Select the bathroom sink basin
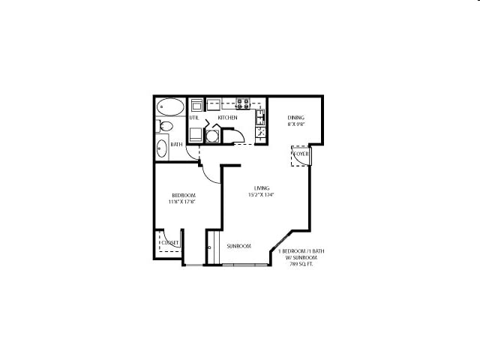[162, 147]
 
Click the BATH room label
[177, 144]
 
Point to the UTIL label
[193, 118]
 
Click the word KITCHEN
[227, 118]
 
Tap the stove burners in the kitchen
[243, 103]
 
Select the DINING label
[295, 118]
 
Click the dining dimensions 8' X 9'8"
[295, 125]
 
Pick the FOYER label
[301, 154]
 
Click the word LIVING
[261, 188]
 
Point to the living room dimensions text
[262, 195]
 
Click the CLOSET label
[170, 242]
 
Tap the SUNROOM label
[238, 246]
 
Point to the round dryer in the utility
[212, 136]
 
